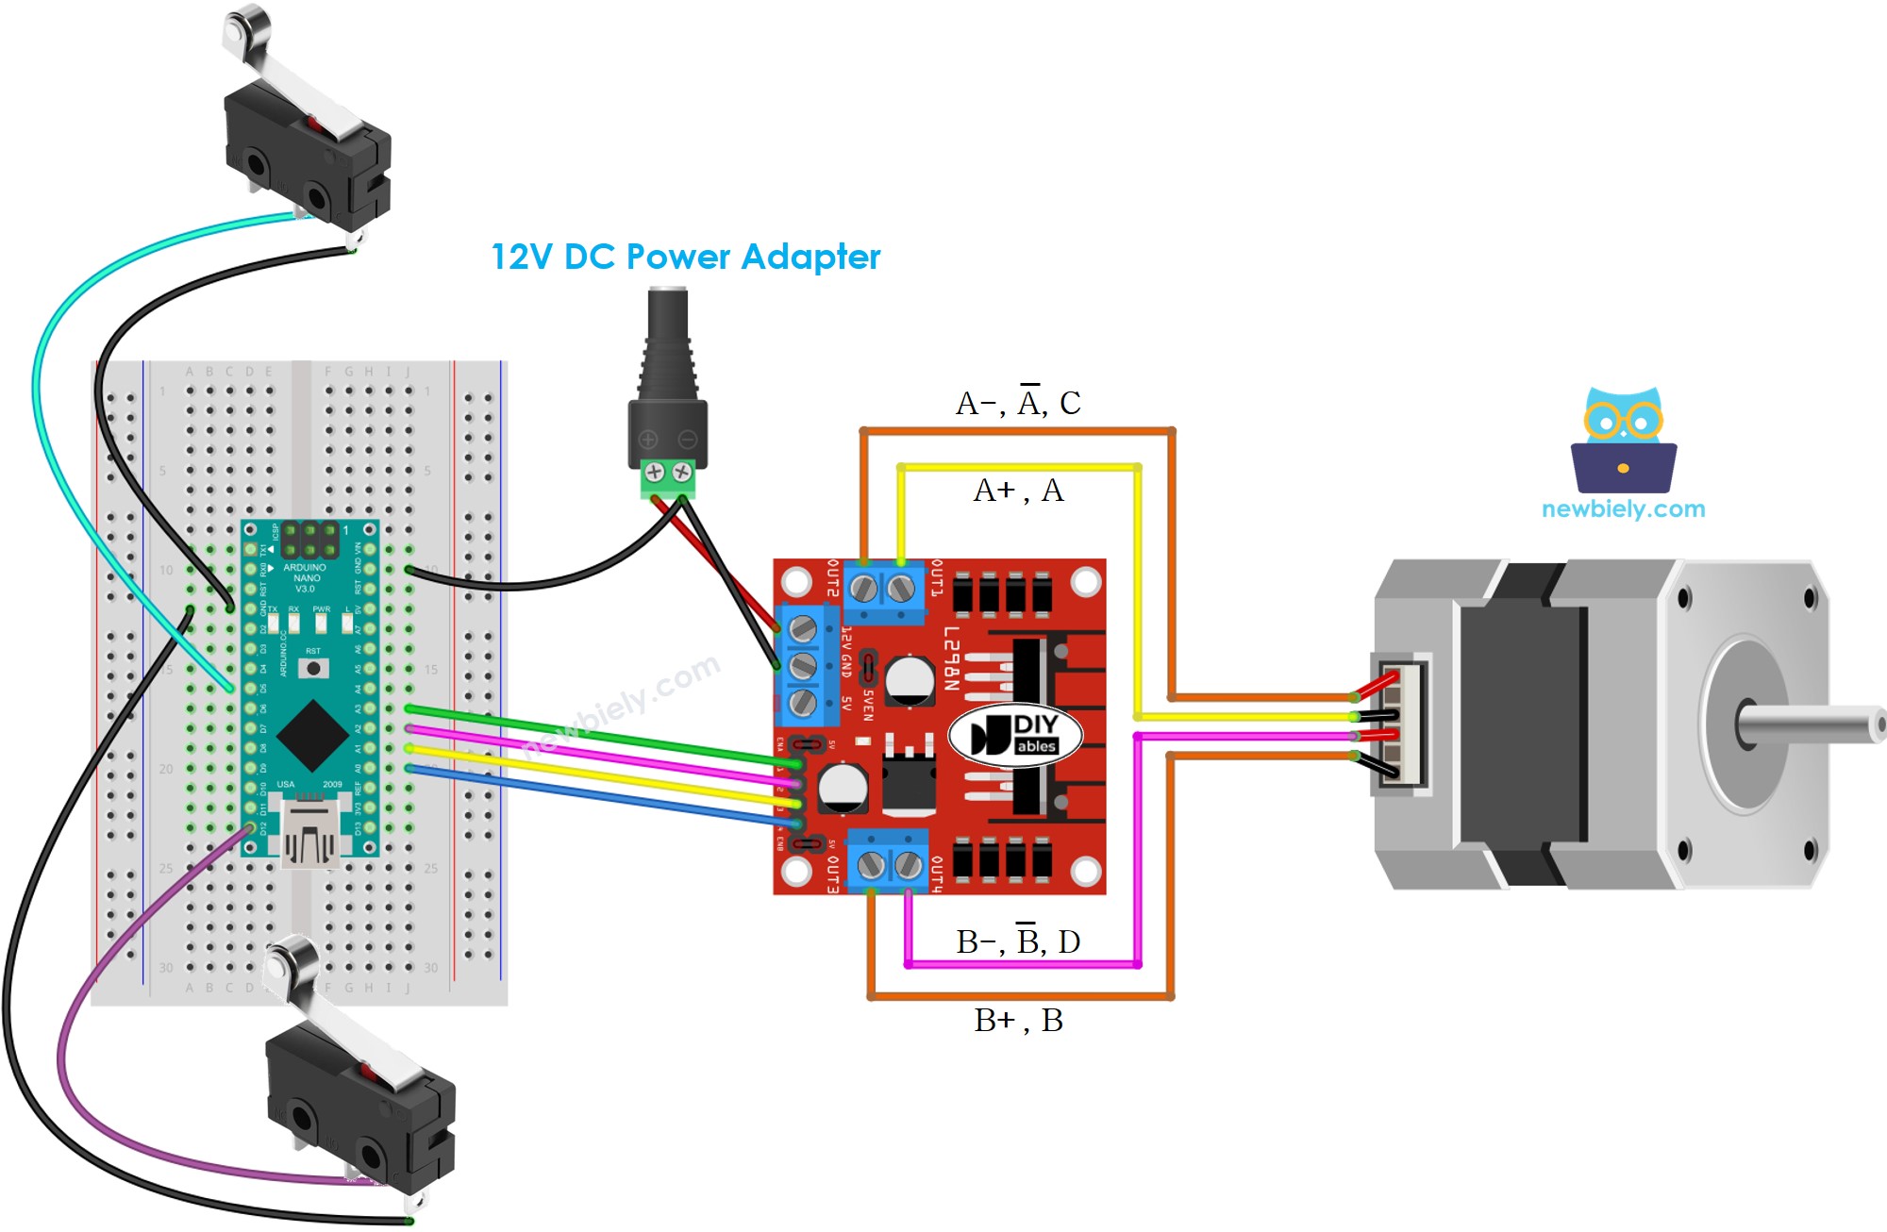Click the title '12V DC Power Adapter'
685,257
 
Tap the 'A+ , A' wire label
1018,491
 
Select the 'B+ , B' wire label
1018,1020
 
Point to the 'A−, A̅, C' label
1018,403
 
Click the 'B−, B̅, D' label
1018,941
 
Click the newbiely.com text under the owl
1623,509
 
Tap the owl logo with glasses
1623,440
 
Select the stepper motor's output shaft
1812,725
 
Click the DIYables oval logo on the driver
1014,735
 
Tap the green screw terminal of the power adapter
668,478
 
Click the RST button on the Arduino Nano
313,668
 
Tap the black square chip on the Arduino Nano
312,735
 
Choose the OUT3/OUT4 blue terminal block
888,861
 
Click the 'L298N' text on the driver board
951,658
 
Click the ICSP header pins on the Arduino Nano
309,540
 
